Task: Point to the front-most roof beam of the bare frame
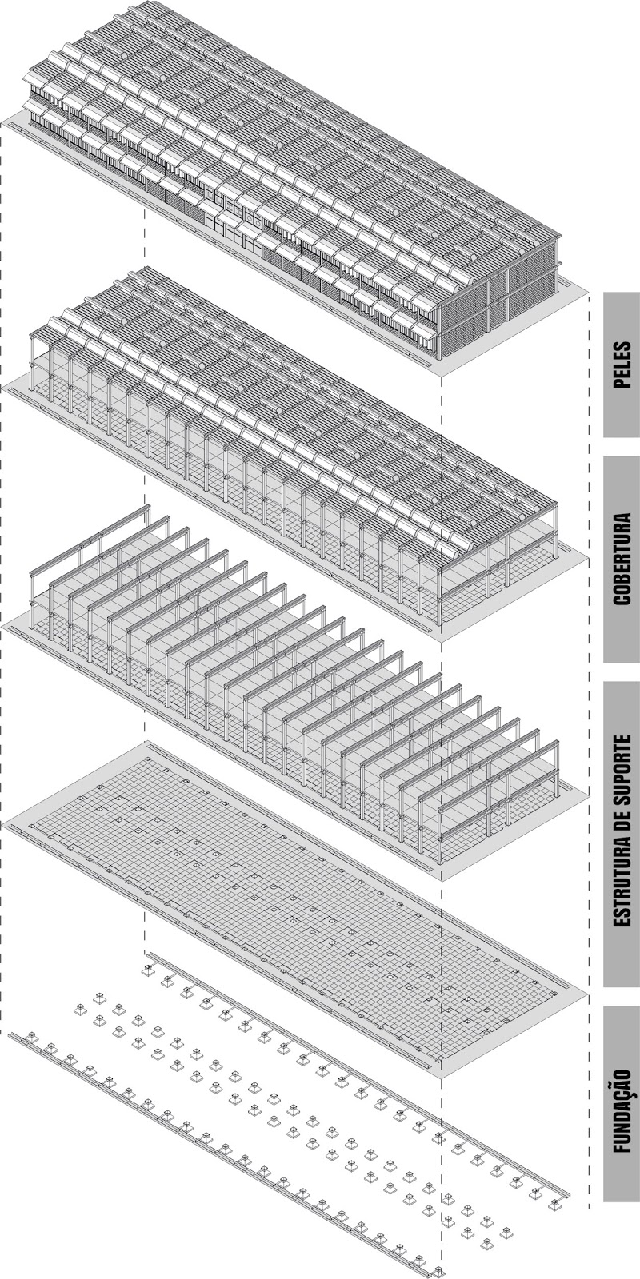point(496,799)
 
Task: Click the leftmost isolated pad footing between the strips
point(80,1010)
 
